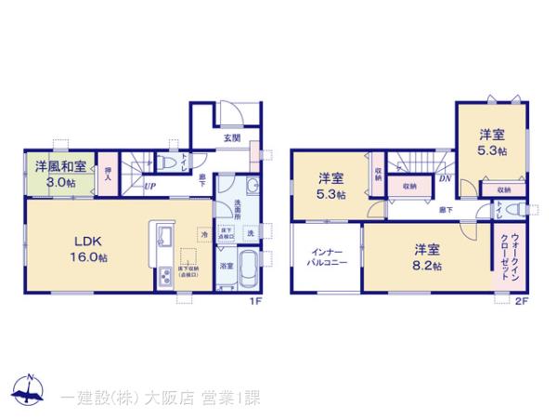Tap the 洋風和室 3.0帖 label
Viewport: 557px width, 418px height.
(x=61, y=174)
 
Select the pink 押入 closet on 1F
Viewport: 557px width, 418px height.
(x=110, y=174)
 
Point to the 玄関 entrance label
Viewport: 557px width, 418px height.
(x=231, y=138)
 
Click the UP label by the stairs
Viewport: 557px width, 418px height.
(x=149, y=186)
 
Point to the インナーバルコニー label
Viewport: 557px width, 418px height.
(x=325, y=257)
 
